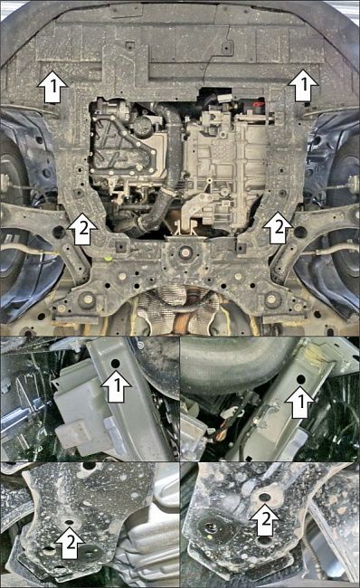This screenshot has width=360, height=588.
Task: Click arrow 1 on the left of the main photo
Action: [52, 87]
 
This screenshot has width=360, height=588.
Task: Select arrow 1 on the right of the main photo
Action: [303, 85]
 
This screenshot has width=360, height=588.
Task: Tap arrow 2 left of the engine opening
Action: [82, 229]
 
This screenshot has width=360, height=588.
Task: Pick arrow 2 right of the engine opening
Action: [278, 227]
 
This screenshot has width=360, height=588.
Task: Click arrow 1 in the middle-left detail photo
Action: [117, 386]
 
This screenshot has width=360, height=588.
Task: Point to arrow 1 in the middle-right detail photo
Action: [300, 402]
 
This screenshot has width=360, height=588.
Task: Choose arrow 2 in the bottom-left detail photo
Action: [71, 542]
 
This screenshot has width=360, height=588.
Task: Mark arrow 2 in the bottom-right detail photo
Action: [265, 519]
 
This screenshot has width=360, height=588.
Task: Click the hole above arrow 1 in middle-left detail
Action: [116, 363]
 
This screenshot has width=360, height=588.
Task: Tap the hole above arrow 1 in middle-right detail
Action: [300, 379]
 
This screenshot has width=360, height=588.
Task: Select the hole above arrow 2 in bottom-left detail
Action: [69, 522]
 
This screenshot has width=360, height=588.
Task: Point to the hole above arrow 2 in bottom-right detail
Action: [265, 498]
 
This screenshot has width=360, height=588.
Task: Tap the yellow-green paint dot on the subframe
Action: [108, 258]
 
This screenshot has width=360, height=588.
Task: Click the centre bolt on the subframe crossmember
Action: [185, 252]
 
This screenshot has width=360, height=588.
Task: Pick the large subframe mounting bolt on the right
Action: [271, 299]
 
